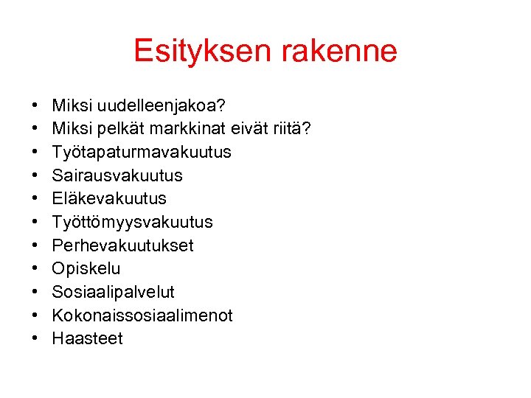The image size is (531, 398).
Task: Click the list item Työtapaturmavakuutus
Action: [142, 153]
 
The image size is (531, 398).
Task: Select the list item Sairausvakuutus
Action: [117, 176]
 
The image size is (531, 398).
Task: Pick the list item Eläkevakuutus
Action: [109, 199]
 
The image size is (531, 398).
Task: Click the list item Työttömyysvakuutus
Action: [133, 223]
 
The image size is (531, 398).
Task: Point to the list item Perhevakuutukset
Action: [122, 245]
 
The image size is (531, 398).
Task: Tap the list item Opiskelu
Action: [86, 269]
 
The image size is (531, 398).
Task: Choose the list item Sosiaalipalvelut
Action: [114, 292]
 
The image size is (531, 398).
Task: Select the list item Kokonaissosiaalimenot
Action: [142, 315]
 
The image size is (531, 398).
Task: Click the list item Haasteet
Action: [88, 338]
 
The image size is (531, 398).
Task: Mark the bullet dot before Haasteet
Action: [35, 339]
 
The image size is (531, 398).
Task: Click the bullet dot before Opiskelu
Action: [35, 269]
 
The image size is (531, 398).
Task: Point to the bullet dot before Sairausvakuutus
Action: [35, 176]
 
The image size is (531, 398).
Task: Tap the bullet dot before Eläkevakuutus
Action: [35, 199]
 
